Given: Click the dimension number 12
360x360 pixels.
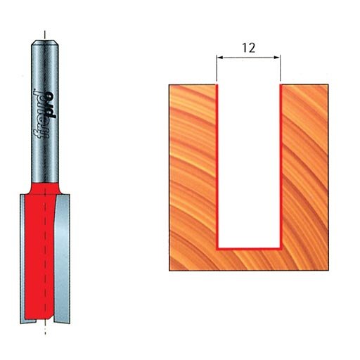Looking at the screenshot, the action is [248, 48].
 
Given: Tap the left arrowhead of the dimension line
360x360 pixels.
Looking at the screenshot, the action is [219, 58].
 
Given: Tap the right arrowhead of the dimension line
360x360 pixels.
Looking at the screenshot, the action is [277, 58].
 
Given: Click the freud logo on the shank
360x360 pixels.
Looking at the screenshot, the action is [44, 114].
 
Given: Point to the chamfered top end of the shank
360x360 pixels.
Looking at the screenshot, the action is [45, 43].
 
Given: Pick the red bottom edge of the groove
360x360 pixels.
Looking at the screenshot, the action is [249, 249].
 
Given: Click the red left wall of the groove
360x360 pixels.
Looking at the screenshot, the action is [217, 167].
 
